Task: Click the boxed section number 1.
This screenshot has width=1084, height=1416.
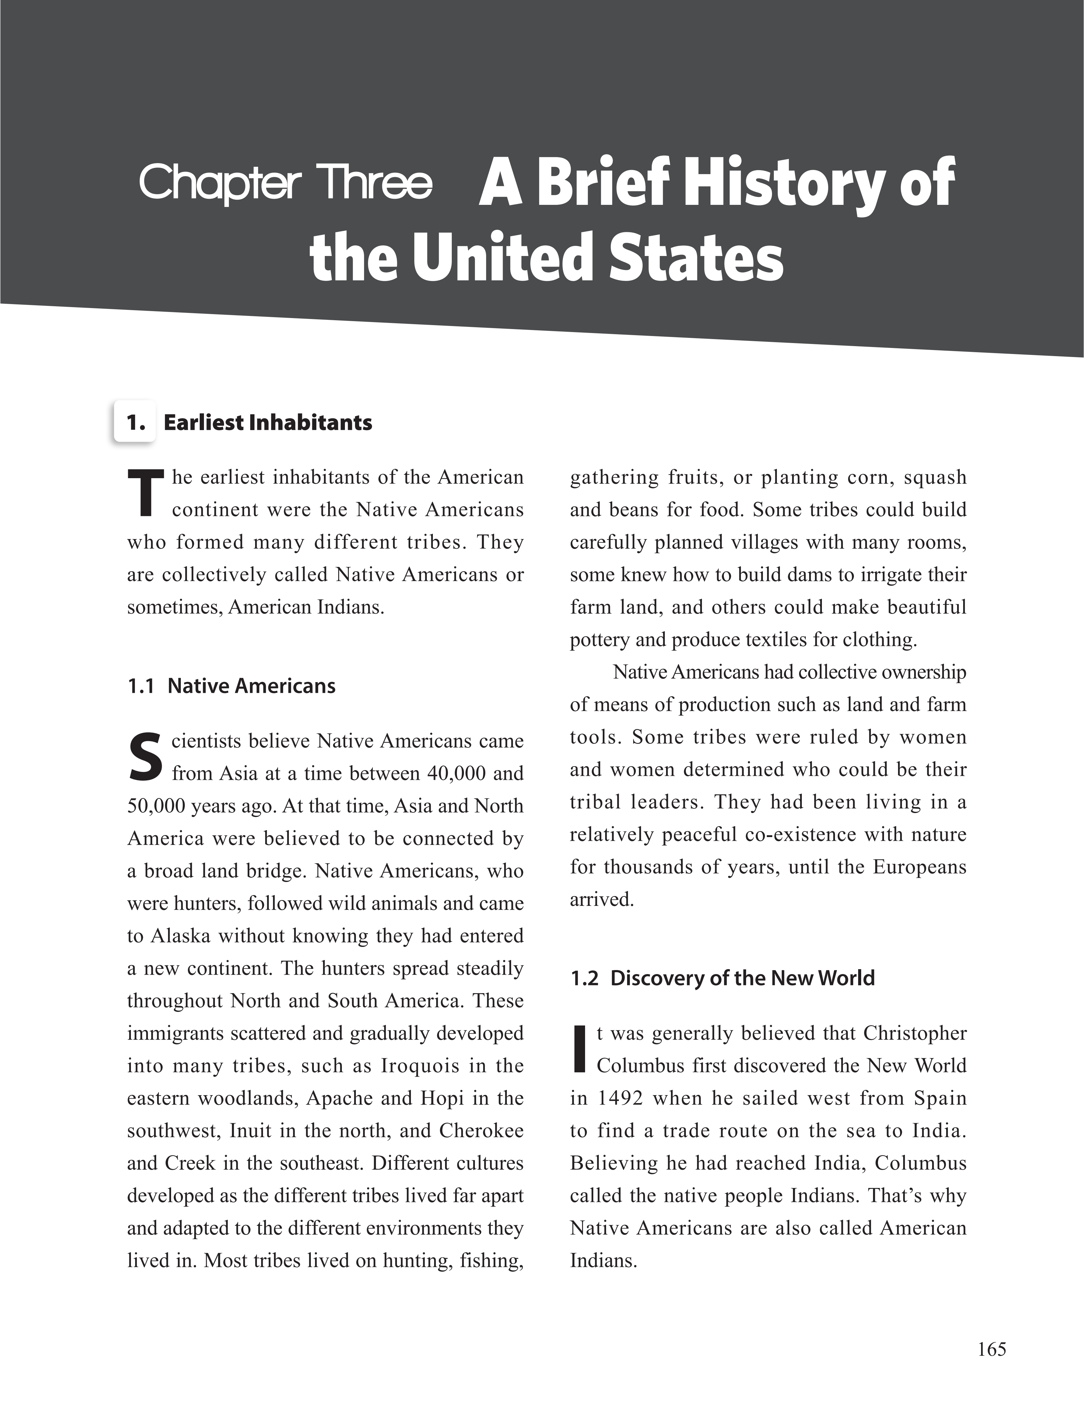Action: point(135,422)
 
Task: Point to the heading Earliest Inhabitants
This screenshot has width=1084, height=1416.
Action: point(268,422)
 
